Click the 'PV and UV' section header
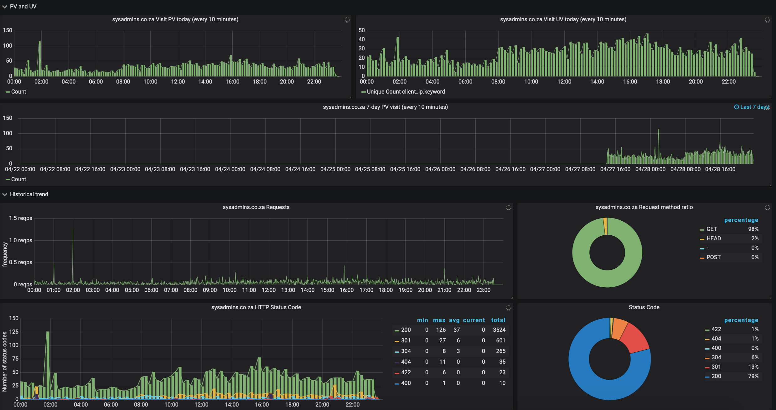click(x=23, y=7)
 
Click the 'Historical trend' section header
click(x=29, y=194)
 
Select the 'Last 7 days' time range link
click(x=751, y=107)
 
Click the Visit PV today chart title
click(x=175, y=19)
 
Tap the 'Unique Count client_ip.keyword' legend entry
click(x=406, y=92)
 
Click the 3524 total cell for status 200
click(x=499, y=330)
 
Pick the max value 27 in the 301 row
click(x=442, y=341)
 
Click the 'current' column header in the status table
click(x=473, y=320)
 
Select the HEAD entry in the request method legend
click(x=713, y=238)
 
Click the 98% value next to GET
click(x=753, y=229)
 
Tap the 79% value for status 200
click(x=753, y=376)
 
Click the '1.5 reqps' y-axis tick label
click(x=20, y=218)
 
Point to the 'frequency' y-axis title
click(x=5, y=254)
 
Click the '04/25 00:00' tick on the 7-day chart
click(x=335, y=169)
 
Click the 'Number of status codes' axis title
click(x=5, y=361)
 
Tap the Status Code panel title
click(x=644, y=307)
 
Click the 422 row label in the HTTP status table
click(x=406, y=372)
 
